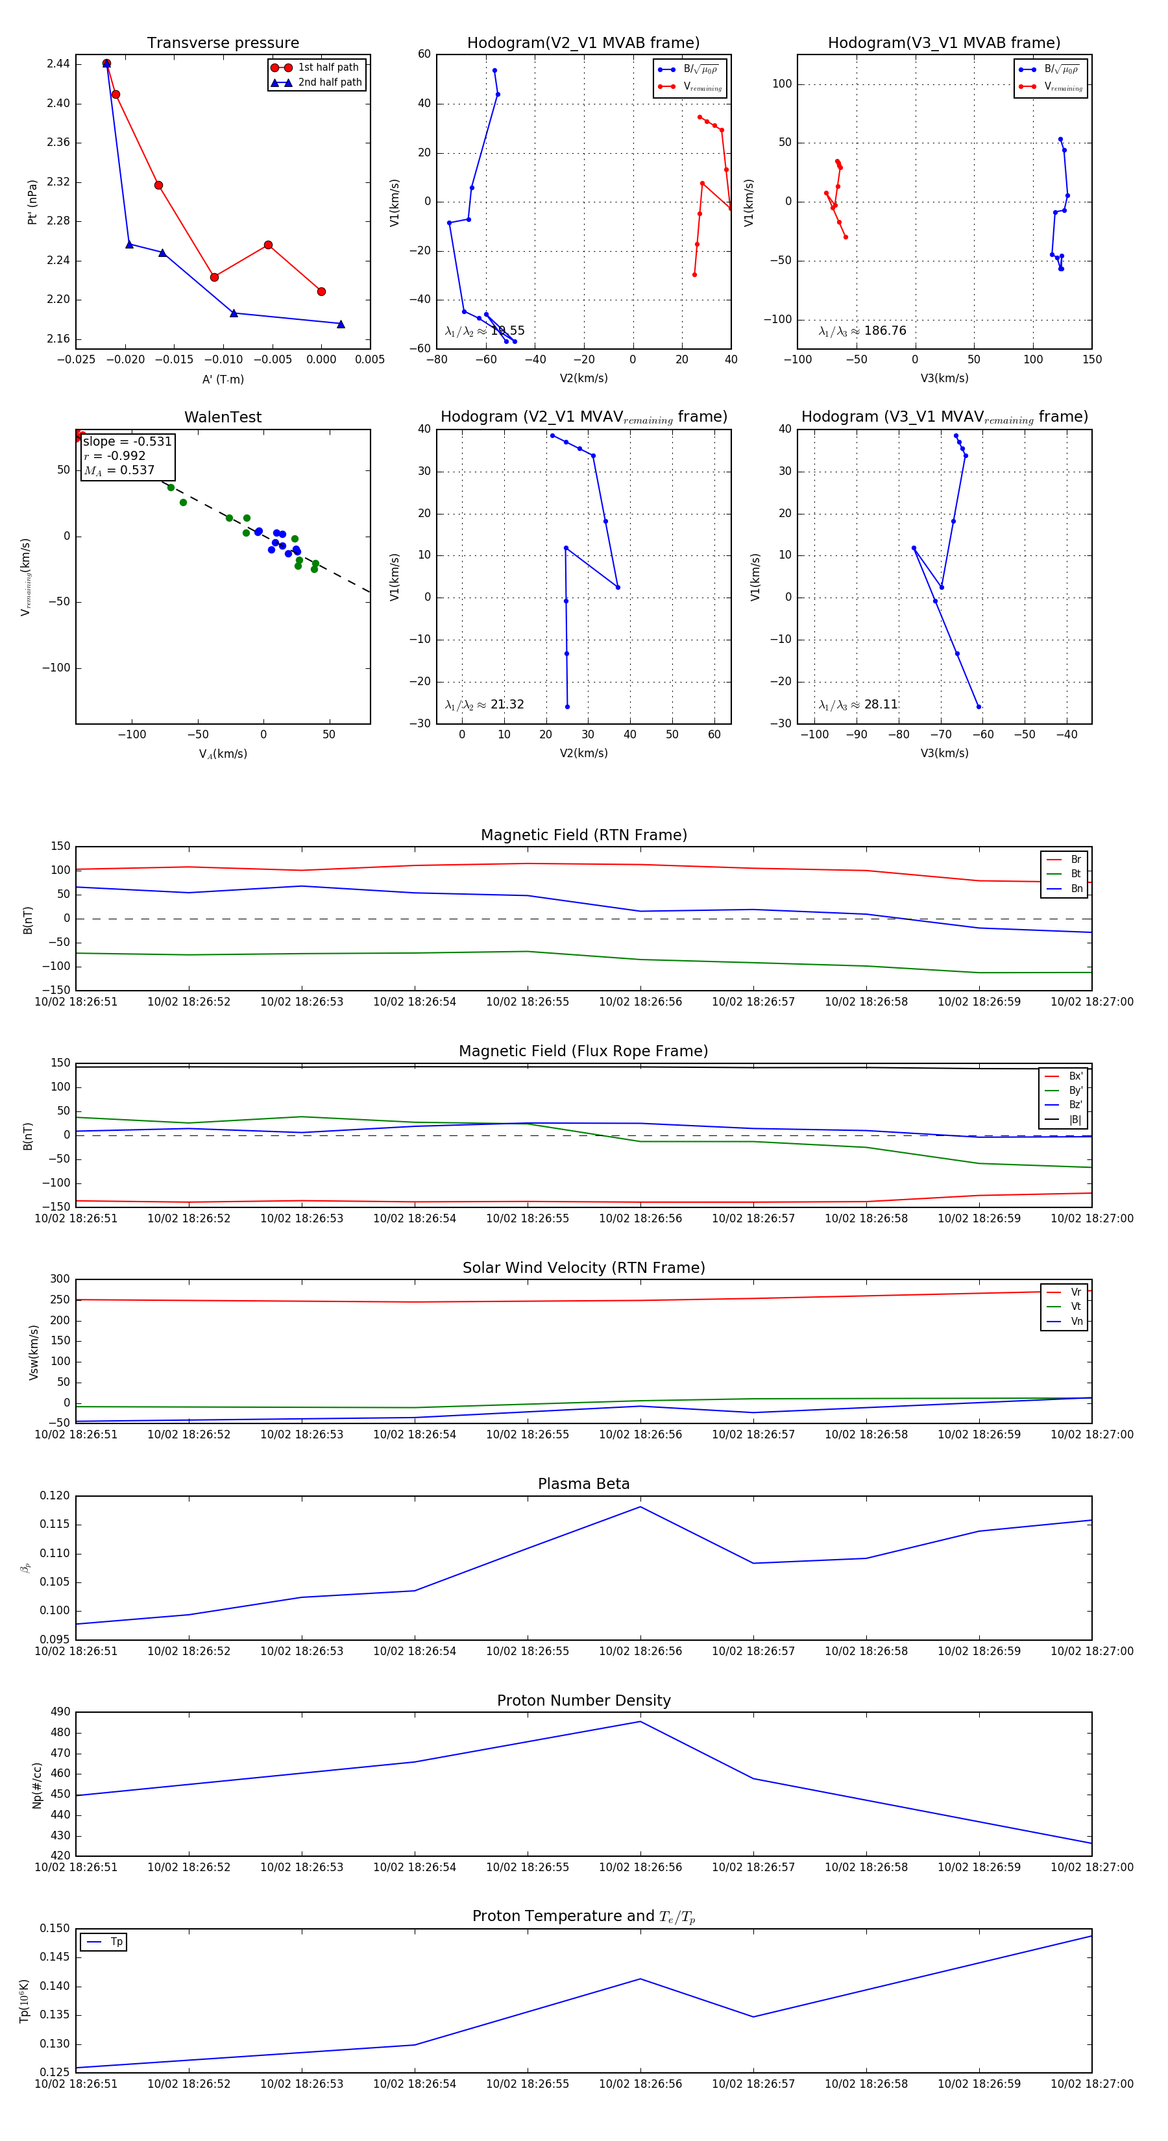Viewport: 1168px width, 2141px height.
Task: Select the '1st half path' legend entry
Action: (328, 67)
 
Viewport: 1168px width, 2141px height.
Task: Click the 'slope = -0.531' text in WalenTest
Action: (127, 441)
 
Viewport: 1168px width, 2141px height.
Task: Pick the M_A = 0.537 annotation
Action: (119, 470)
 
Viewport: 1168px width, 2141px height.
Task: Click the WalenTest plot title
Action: (223, 417)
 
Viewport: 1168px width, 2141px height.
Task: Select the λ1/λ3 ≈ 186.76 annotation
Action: (862, 331)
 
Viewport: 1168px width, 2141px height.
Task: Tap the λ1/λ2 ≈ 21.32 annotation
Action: (485, 705)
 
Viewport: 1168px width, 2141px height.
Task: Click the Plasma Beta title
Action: (583, 1484)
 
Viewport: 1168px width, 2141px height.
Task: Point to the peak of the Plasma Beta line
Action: (640, 1507)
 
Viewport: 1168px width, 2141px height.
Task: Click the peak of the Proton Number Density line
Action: (640, 1721)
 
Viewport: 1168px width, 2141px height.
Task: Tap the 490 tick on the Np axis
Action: (60, 1712)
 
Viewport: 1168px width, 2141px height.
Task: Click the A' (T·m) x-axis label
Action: (223, 379)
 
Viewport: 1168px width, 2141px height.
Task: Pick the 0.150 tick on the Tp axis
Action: (55, 1928)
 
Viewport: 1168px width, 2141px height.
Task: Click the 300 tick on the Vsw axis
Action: (60, 1279)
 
